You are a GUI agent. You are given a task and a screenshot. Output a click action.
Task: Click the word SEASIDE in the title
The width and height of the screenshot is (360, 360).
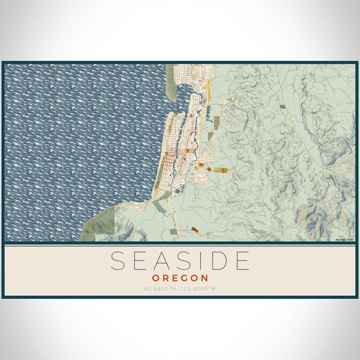tap(180, 261)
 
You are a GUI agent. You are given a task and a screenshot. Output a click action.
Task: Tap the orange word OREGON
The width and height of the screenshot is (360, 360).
tap(180, 278)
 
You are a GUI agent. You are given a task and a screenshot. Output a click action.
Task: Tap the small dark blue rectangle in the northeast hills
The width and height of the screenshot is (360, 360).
tap(283, 106)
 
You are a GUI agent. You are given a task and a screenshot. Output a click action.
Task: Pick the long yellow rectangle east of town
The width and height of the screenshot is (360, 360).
tap(221, 170)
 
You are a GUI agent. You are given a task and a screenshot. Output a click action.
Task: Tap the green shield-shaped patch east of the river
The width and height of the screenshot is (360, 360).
tap(215, 122)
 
